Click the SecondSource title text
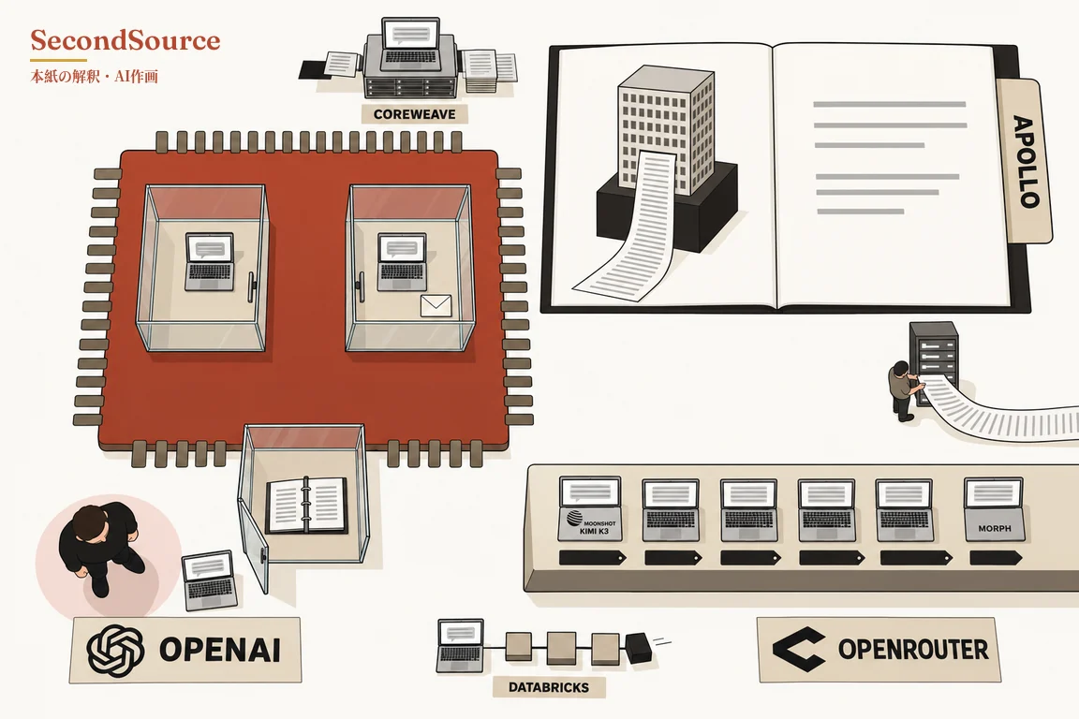[x=126, y=40]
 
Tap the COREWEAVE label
[x=414, y=114]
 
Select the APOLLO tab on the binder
[x=1025, y=161]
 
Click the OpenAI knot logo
[x=115, y=650]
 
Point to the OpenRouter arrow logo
[x=798, y=648]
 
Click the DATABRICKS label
[x=549, y=686]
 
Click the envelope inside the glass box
[x=436, y=305]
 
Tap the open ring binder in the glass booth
[x=305, y=506]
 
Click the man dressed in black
[x=102, y=547]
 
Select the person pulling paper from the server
[x=904, y=389]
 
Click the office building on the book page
[x=665, y=131]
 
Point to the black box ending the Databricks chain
[x=640, y=648]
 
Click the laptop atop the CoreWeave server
[x=411, y=44]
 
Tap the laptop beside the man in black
[x=210, y=580]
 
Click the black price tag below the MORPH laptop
[x=995, y=558]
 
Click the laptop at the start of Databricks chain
[x=461, y=645]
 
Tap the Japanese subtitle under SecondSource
[x=95, y=77]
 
